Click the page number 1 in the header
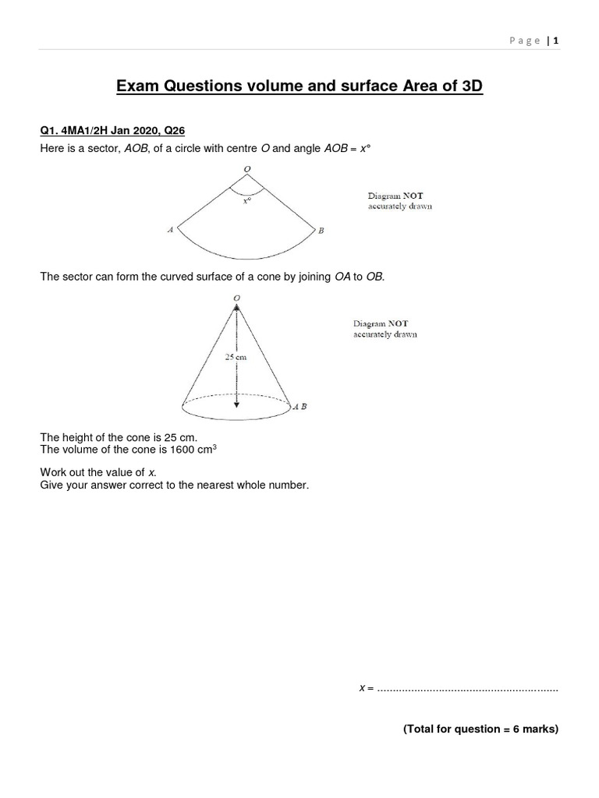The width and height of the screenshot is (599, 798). click(x=557, y=41)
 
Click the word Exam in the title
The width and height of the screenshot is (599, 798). click(x=139, y=87)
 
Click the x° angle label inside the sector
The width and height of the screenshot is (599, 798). click(x=247, y=200)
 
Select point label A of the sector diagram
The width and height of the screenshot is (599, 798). click(x=170, y=230)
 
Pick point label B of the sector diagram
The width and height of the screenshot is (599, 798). click(x=321, y=230)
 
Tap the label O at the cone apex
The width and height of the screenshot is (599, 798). click(x=236, y=297)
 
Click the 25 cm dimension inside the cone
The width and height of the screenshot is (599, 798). click(x=236, y=356)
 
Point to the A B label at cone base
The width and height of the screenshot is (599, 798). click(x=299, y=406)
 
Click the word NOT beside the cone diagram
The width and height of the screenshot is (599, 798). click(x=395, y=323)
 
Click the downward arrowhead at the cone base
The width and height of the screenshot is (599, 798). click(x=236, y=404)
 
